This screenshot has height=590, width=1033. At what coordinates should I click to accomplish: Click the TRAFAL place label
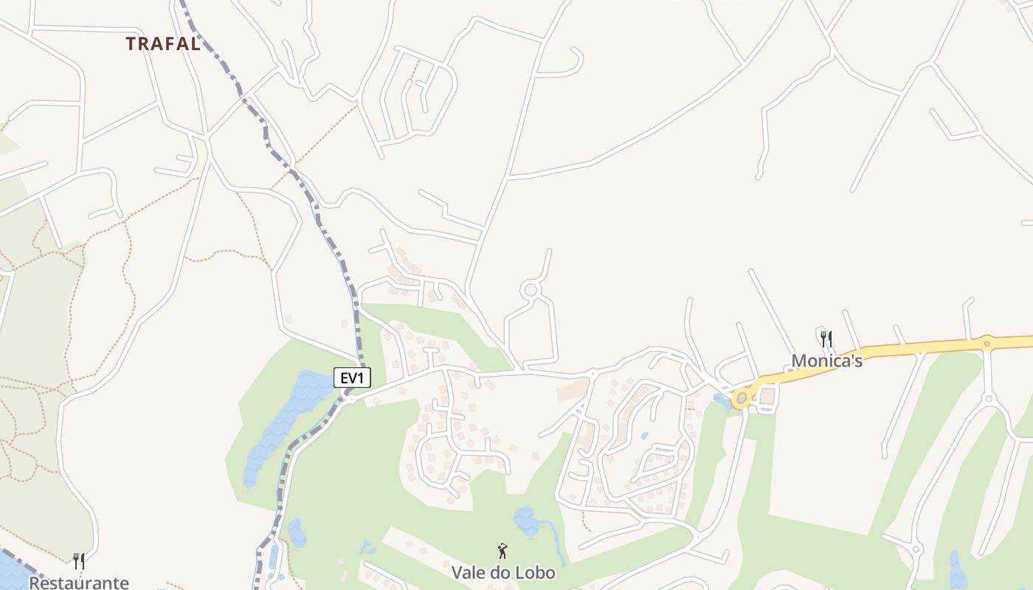click(163, 44)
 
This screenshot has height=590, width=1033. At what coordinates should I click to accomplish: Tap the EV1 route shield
click(352, 378)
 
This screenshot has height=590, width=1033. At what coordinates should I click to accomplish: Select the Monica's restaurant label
click(826, 361)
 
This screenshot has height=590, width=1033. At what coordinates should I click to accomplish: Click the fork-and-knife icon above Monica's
click(826, 339)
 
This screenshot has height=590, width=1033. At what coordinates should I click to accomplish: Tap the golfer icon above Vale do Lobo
click(502, 551)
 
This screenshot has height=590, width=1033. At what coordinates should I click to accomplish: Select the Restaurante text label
click(78, 583)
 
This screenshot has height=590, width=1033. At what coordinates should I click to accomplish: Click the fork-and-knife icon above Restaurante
click(78, 561)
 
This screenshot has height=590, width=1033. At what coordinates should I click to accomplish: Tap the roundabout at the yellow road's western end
click(742, 398)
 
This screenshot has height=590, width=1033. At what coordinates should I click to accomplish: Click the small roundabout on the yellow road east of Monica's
click(986, 342)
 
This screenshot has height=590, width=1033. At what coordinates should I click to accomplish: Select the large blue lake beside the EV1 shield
click(284, 420)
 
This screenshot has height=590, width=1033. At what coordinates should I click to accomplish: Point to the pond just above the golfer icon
click(527, 521)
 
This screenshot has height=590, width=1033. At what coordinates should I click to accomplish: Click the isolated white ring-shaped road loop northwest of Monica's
click(530, 290)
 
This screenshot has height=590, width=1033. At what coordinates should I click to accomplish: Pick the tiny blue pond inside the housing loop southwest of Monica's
click(644, 436)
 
